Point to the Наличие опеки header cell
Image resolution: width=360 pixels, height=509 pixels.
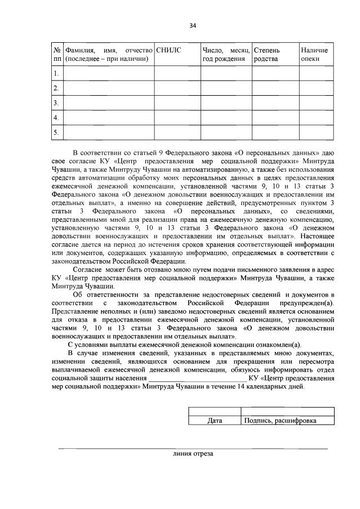click(x=314, y=55)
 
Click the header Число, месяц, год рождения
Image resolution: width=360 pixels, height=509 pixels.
click(x=225, y=55)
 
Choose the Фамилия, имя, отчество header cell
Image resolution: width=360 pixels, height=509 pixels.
click(x=109, y=55)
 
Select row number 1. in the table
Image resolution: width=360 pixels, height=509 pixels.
click(x=56, y=74)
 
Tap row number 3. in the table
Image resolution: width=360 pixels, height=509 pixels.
click(x=56, y=103)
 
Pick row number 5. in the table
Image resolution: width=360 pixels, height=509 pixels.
click(x=56, y=132)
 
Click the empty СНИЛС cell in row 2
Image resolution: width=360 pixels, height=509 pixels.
click(x=177, y=88)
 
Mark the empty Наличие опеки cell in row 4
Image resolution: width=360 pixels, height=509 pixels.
click(x=316, y=118)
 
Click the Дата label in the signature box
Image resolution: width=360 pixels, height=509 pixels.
click(x=215, y=421)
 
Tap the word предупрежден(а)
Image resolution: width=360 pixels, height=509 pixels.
click(x=309, y=302)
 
